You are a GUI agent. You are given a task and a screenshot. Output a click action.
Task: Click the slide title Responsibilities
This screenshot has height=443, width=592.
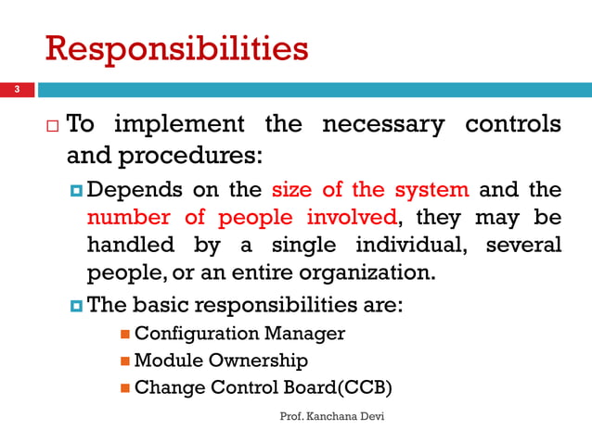(176, 47)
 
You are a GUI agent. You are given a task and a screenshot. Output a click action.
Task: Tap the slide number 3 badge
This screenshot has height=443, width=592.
(15, 90)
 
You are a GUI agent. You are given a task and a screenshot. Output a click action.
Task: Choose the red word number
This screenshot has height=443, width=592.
(132, 218)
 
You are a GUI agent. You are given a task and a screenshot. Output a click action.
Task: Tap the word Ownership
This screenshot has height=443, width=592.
(260, 361)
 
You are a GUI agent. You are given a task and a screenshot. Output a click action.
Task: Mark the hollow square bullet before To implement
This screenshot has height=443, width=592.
(54, 125)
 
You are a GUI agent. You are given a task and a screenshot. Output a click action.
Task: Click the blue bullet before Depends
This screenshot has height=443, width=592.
(75, 191)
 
